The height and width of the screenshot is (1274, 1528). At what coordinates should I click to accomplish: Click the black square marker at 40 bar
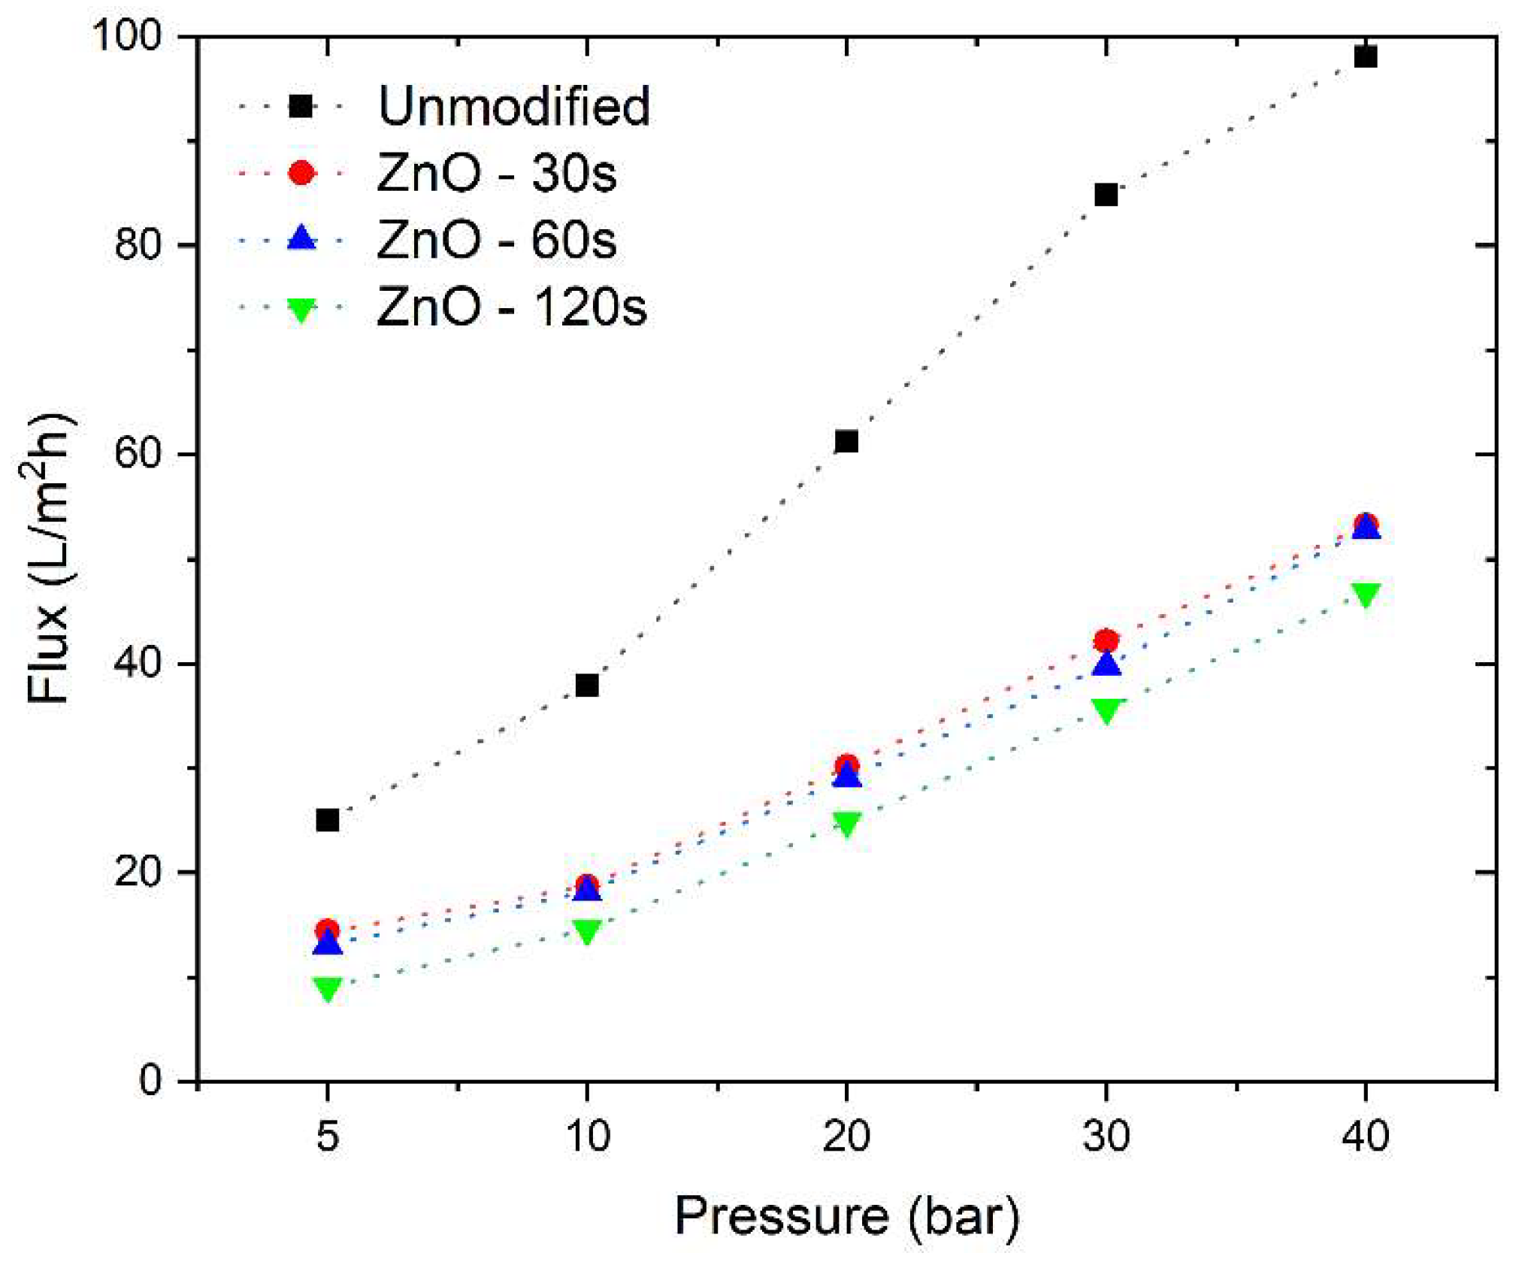(1365, 56)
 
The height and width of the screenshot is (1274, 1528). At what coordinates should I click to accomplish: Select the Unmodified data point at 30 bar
(1106, 195)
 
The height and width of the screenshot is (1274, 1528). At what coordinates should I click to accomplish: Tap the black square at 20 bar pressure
(846, 441)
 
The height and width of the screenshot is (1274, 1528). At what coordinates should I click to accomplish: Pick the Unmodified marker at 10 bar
(587, 685)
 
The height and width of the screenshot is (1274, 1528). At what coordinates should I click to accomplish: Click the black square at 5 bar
(328, 820)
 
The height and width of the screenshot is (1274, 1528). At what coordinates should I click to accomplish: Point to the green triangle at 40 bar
(1365, 594)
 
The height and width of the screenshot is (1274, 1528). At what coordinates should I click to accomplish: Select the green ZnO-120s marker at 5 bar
(328, 988)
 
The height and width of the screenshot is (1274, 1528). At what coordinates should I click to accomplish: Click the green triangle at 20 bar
(846, 823)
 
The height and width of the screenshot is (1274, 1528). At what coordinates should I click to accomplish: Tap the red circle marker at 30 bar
(1106, 640)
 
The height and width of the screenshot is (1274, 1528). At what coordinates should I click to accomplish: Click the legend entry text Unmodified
(514, 106)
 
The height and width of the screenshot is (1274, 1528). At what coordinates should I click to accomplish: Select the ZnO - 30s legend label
(496, 174)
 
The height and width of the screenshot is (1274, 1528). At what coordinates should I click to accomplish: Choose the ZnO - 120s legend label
(511, 307)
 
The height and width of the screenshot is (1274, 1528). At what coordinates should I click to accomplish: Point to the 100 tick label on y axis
(127, 35)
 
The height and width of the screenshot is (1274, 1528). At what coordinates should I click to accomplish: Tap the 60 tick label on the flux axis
(138, 455)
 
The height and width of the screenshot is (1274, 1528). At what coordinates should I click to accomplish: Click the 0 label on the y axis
(151, 1081)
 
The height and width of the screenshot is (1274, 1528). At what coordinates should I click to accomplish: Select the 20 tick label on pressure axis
(846, 1136)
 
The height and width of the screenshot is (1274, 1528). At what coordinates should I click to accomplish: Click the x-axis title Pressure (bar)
(846, 1215)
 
